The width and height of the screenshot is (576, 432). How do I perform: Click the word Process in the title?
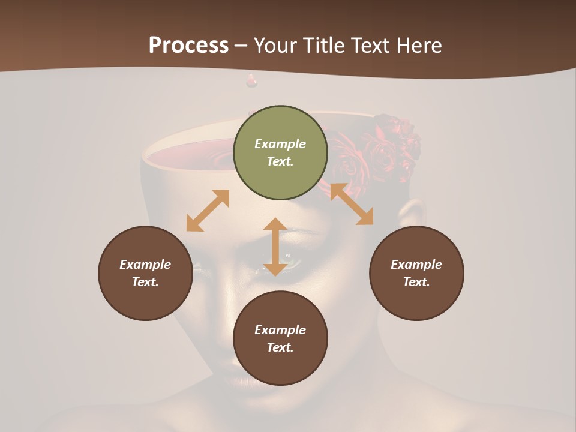click(188, 46)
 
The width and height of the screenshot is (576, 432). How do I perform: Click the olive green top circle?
click(280, 153)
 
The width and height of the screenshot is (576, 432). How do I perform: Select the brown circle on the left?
click(145, 273)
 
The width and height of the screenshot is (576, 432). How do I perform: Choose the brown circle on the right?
click(416, 273)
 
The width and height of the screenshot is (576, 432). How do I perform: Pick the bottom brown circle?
click(280, 338)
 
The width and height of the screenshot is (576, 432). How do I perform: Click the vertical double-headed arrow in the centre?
click(275, 247)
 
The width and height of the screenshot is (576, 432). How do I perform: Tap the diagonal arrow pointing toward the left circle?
click(208, 211)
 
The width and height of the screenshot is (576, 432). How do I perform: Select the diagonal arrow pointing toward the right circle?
click(352, 204)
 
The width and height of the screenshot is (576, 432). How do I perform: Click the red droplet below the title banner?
click(251, 80)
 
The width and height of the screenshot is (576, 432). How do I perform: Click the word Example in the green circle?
click(280, 144)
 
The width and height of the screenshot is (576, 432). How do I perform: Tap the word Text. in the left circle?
click(145, 282)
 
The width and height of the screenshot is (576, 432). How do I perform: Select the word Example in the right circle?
click(416, 265)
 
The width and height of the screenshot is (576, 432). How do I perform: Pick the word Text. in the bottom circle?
click(280, 347)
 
